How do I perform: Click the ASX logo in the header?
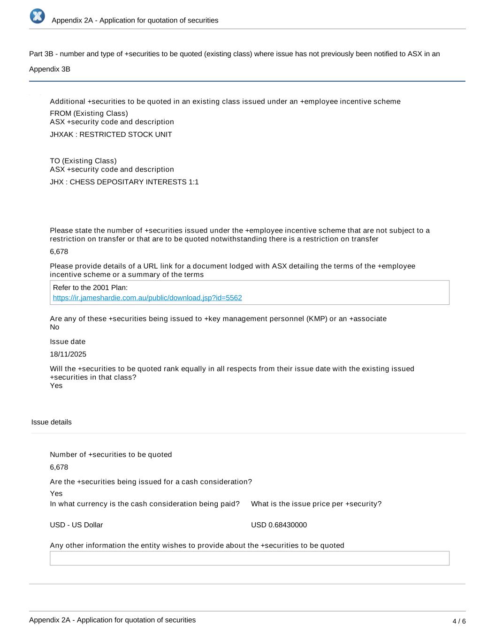coord(38,16)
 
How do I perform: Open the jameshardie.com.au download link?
coord(147,298)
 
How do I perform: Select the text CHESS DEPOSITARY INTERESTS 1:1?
coord(134,182)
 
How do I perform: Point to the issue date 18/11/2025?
coord(68,354)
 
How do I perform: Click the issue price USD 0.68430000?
coord(279,525)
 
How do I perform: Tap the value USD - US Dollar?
coord(76,525)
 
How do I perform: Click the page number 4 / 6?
coord(459,621)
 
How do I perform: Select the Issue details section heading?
coord(52,422)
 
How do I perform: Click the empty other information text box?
coord(249,558)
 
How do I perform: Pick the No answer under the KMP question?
coord(54,327)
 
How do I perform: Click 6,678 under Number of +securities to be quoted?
coord(59,467)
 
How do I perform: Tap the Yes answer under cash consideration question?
coord(56,493)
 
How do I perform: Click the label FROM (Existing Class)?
coord(89,113)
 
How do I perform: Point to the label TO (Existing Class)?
coord(83,161)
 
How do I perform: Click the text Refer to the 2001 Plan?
coord(90,287)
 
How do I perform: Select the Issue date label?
coord(68,342)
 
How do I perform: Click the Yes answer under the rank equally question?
coord(56,386)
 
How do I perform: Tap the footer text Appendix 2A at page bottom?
coord(112,620)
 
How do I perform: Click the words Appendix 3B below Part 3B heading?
coord(50,69)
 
